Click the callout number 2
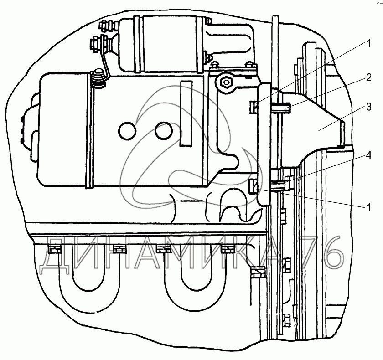368,79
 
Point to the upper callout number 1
368,44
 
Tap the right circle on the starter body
162,131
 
